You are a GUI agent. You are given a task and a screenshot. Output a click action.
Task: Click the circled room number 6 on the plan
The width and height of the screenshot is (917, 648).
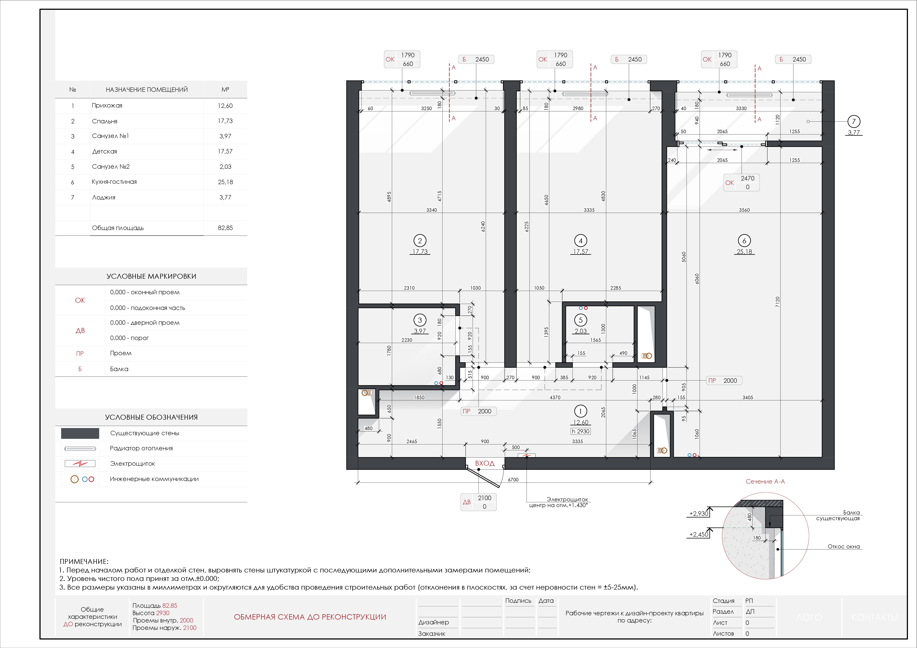tap(744, 240)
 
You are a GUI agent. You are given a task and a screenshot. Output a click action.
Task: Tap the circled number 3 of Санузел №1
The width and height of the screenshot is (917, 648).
tap(420, 320)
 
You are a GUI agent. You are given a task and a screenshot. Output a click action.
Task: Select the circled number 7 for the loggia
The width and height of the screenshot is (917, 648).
tap(854, 121)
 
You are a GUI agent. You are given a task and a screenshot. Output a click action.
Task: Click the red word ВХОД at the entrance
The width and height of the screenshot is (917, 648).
tap(485, 463)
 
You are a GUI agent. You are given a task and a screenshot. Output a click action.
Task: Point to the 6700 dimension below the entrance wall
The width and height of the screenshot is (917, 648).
tap(513, 480)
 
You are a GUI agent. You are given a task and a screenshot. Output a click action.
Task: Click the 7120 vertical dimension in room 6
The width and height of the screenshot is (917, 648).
tap(777, 302)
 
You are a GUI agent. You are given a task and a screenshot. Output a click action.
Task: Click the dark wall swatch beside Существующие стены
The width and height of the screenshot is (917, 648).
tap(80, 433)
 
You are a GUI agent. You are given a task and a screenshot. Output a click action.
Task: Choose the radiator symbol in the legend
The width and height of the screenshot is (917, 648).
tap(80, 448)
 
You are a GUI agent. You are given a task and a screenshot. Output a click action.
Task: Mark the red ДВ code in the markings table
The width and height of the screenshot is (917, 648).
tap(80, 331)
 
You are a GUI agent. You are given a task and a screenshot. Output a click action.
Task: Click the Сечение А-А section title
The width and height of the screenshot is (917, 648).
tap(765, 482)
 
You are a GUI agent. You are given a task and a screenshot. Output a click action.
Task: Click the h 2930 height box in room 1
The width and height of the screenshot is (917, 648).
tap(581, 431)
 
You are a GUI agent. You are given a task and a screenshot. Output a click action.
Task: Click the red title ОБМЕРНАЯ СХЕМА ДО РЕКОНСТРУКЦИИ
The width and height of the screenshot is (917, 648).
tap(310, 617)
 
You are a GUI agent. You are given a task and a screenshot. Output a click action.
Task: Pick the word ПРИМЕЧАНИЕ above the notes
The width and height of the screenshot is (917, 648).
tap(84, 561)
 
